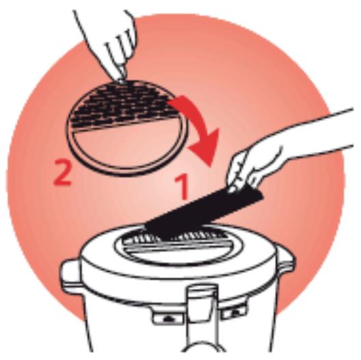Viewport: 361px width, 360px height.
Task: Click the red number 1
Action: tap(183, 186)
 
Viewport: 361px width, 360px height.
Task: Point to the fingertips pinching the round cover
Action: tap(122, 78)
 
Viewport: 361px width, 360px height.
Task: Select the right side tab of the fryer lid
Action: tap(286, 263)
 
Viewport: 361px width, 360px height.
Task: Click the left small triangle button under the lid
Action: tap(168, 318)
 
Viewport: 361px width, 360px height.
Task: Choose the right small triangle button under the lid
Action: tap(233, 311)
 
